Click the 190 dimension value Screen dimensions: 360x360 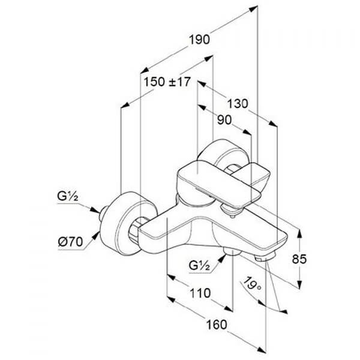pos(199,40)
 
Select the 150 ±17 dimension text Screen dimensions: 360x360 pos(167,82)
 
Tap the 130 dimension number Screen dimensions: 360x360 pos(238,104)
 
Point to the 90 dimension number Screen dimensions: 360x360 pos(224,120)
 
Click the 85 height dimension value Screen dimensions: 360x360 pos(299,259)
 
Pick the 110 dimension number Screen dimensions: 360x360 pos(200,293)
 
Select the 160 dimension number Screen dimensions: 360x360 pos(216,325)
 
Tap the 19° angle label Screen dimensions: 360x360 pos(252,284)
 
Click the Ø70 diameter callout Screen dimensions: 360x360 pos(70,242)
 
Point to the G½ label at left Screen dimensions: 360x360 pos(68,196)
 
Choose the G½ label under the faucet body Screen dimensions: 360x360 pos(199,265)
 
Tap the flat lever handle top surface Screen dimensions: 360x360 pos(218,181)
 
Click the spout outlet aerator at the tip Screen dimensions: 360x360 pos(264,257)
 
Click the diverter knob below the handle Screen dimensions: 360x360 pos(232,211)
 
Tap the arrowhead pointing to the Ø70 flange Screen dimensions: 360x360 pos(95,236)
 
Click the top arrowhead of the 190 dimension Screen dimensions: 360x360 pos(253,9)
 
